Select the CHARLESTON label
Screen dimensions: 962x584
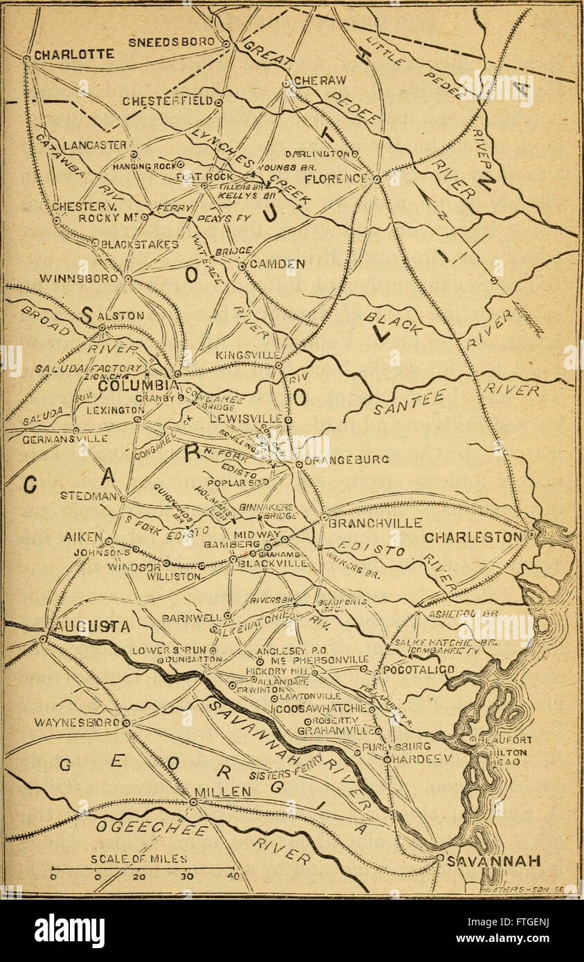473,538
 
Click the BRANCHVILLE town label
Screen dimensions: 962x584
372,523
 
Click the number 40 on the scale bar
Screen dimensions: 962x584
230,876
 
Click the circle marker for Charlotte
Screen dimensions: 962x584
26,59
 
